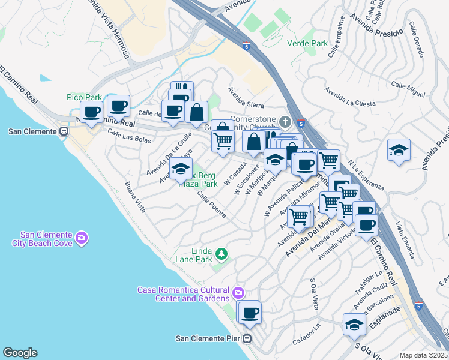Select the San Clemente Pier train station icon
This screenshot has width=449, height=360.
(247, 338)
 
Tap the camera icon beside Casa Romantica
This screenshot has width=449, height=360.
(238, 293)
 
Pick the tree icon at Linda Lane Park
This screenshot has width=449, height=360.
(221, 255)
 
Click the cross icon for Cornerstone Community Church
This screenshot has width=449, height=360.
(285, 122)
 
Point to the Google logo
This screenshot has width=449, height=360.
(20, 352)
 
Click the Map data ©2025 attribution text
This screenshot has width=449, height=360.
(424, 355)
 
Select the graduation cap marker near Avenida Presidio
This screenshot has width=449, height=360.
(398, 150)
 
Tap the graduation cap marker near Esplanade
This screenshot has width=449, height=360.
(354, 325)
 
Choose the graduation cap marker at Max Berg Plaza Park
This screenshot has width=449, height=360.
(180, 169)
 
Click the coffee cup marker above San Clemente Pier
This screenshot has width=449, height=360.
(249, 312)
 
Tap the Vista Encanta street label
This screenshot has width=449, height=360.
(406, 240)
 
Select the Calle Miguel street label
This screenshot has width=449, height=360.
(408, 87)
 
